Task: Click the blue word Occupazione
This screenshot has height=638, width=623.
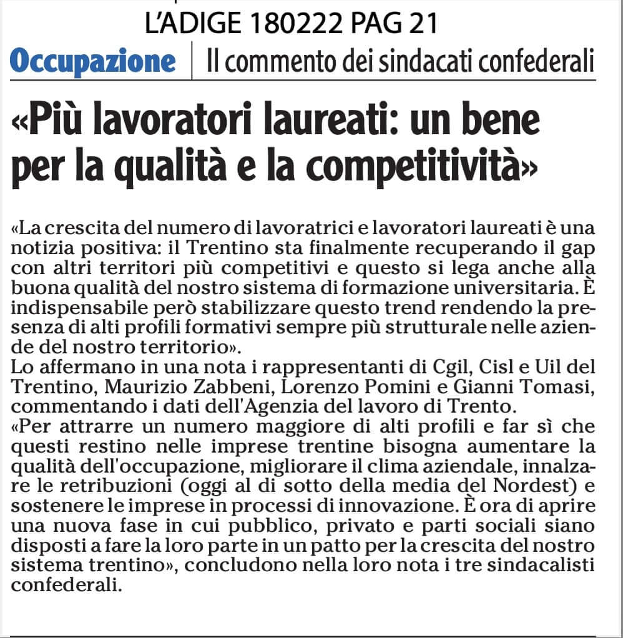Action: pyautogui.click(x=93, y=61)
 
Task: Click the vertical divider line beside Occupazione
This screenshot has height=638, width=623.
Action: pyautogui.click(x=192, y=62)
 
